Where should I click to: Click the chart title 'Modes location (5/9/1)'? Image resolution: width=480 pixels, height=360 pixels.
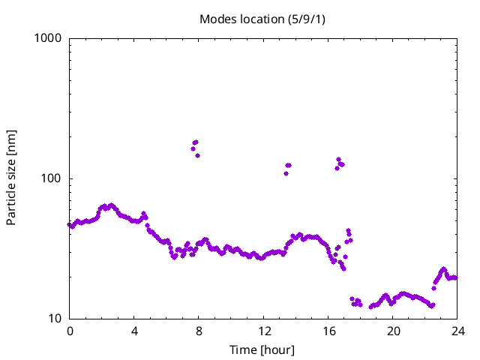pyautogui.click(x=262, y=19)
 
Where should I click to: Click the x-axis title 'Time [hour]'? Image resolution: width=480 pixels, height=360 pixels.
pyautogui.click(x=262, y=349)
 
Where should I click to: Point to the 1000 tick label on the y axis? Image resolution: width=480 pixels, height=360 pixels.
pyautogui.click(x=49, y=38)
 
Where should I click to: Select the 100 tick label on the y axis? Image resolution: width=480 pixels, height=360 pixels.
pyautogui.click(x=52, y=178)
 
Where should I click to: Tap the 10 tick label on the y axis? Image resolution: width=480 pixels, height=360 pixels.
pyautogui.click(x=55, y=319)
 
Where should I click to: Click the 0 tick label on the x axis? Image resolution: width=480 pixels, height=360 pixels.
pyautogui.click(x=70, y=331)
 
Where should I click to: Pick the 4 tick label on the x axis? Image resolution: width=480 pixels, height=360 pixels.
pyautogui.click(x=134, y=331)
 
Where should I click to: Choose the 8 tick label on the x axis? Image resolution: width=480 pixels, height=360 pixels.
pyautogui.click(x=199, y=331)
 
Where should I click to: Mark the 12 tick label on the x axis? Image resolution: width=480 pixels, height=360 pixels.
pyautogui.click(x=264, y=331)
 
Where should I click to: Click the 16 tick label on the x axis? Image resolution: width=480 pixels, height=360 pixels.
pyautogui.click(x=328, y=331)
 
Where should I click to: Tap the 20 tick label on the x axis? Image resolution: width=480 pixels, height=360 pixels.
pyautogui.click(x=393, y=331)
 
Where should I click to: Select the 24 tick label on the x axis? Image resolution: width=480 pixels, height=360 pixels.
pyautogui.click(x=457, y=331)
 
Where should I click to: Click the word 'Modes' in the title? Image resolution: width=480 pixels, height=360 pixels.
pyautogui.click(x=217, y=19)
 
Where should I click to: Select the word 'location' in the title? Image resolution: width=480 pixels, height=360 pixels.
pyautogui.click(x=259, y=19)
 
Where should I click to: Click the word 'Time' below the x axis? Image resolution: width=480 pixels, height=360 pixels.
pyautogui.click(x=243, y=349)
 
